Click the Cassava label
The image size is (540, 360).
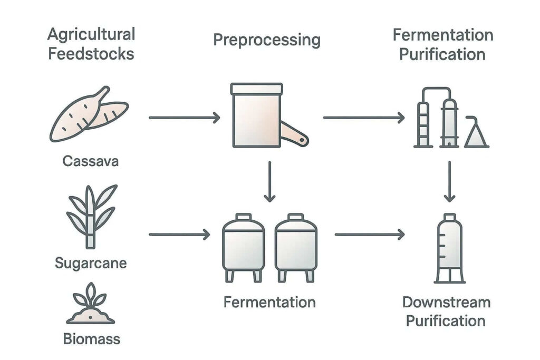click(90, 161)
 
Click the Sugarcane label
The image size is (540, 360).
click(91, 262)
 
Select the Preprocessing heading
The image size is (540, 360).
click(267, 41)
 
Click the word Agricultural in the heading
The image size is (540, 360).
click(91, 35)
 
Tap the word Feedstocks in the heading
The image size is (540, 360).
click(91, 54)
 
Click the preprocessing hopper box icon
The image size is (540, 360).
click(257, 115)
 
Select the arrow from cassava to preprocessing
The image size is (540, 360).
click(184, 118)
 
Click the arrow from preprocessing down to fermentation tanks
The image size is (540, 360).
click(269, 182)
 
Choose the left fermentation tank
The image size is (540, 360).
click(243, 247)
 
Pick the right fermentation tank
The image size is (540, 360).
click(296, 247)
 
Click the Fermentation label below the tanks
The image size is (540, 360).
click(269, 303)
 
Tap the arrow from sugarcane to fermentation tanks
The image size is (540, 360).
click(179, 233)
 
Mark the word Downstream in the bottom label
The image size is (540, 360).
click(446, 303)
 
